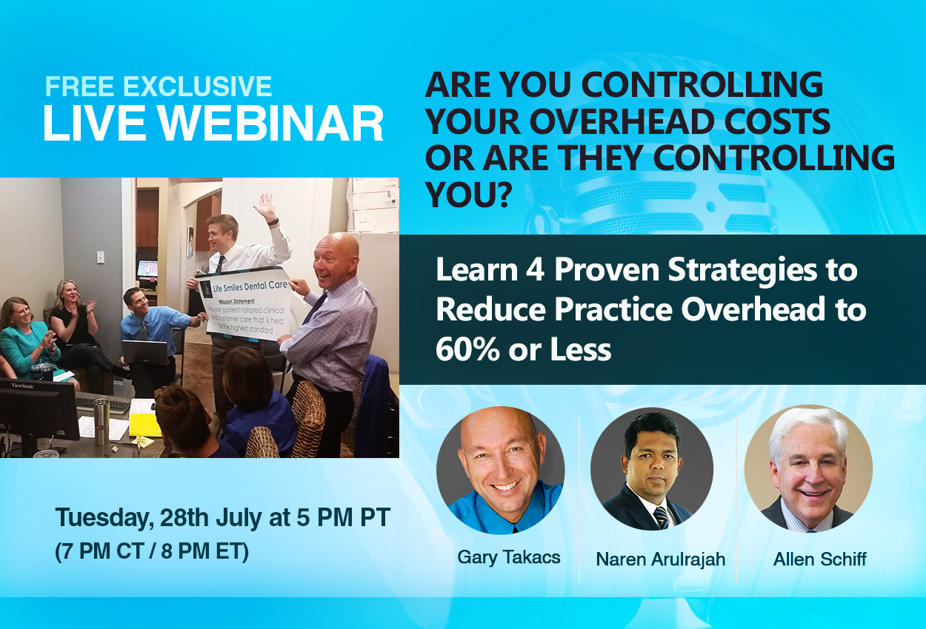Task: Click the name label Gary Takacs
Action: (509, 557)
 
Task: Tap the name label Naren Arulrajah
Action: (661, 559)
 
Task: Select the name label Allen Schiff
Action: (820, 559)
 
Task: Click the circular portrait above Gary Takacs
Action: (501, 471)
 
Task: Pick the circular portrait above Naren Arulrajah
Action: (652, 469)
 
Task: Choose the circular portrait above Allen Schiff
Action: (809, 468)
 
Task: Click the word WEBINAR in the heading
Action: (271, 124)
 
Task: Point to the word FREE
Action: (79, 87)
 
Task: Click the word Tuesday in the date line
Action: (104, 518)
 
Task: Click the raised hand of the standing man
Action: (266, 205)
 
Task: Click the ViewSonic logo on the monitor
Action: (22, 386)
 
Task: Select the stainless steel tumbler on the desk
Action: (101, 422)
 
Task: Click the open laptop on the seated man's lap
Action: (145, 352)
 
